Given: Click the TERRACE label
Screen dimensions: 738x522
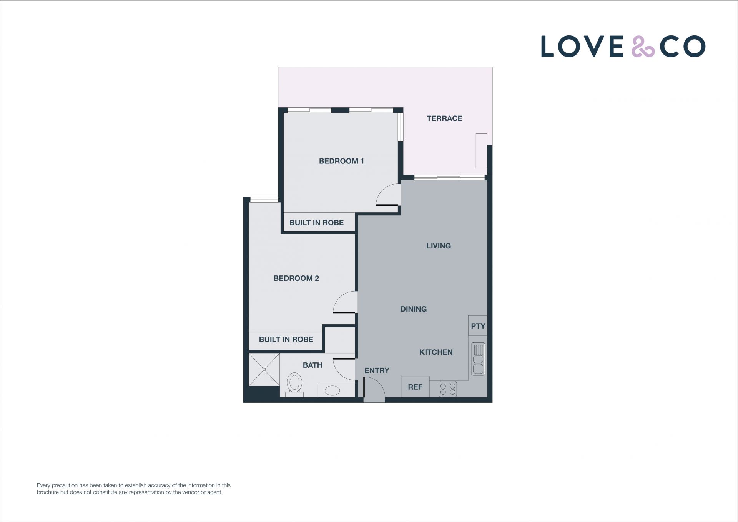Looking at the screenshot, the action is pyautogui.click(x=444, y=118).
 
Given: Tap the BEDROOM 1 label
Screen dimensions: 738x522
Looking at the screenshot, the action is pyautogui.click(x=341, y=161).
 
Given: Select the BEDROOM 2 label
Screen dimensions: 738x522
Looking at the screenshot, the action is pyautogui.click(x=296, y=278).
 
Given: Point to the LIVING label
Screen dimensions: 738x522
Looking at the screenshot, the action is pyautogui.click(x=438, y=246).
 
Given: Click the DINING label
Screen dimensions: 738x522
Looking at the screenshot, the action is pyautogui.click(x=413, y=309).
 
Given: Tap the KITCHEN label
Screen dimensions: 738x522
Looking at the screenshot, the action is pyautogui.click(x=436, y=352).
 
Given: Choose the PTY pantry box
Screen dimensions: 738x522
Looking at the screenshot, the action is pyautogui.click(x=478, y=325).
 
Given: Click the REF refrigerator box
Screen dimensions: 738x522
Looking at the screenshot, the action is pyautogui.click(x=415, y=387).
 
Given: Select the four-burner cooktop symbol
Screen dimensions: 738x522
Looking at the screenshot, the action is pyautogui.click(x=448, y=389).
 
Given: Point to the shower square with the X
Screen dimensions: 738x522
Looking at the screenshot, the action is pyautogui.click(x=264, y=369).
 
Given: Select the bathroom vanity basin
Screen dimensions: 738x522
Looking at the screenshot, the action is pyautogui.click(x=332, y=391).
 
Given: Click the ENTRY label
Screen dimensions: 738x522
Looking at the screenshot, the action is pyautogui.click(x=377, y=370).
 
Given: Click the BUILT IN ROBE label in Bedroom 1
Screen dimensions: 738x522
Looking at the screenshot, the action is pyautogui.click(x=316, y=223).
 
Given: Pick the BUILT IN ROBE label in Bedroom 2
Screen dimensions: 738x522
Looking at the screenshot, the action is pyautogui.click(x=286, y=339).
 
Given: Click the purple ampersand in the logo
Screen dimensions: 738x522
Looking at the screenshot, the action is pyautogui.click(x=643, y=47).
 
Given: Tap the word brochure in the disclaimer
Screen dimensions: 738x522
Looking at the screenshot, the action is pyautogui.click(x=48, y=492).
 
